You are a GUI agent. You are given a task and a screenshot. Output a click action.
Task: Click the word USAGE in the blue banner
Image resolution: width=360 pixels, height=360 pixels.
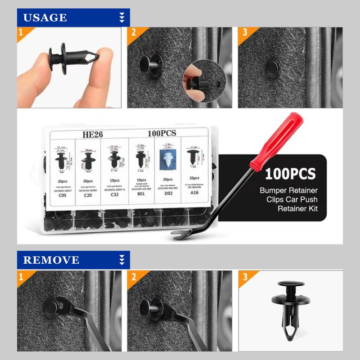(45, 18)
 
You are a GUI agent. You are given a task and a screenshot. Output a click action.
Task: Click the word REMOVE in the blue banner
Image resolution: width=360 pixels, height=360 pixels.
(51, 260)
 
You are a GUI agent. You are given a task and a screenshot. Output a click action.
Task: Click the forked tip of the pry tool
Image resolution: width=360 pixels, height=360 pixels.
(176, 234)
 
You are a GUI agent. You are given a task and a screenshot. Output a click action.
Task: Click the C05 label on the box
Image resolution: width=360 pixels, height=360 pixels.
(62, 197)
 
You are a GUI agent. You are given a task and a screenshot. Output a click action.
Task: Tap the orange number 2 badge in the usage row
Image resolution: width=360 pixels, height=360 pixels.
(134, 33)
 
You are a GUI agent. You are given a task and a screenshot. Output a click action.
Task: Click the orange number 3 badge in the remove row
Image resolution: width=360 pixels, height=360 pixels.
(245, 276)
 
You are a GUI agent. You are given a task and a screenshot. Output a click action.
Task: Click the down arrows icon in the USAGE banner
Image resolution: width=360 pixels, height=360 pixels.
(121, 18)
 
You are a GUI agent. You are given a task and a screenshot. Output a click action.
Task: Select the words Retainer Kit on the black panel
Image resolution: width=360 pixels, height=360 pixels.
(297, 208)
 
